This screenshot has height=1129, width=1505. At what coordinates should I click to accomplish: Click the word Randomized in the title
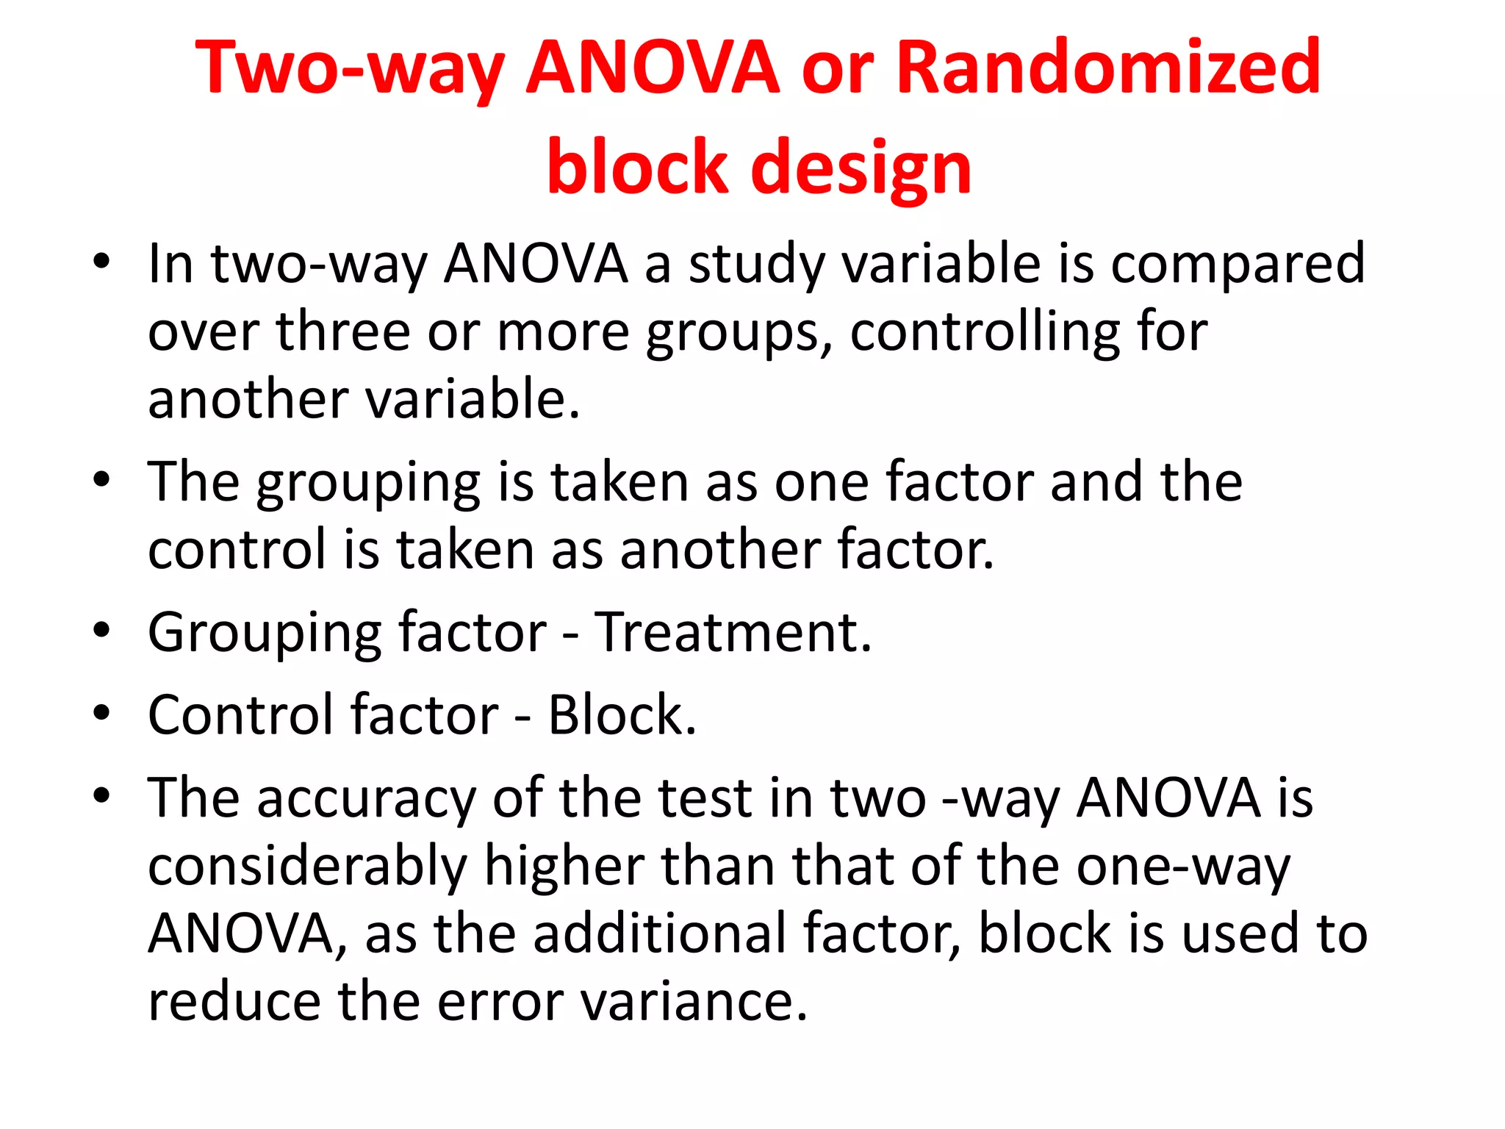1108,68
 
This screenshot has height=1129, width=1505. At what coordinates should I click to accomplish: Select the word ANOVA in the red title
653,68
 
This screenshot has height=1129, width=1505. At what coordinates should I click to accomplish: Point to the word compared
1238,265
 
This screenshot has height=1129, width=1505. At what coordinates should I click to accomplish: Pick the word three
342,331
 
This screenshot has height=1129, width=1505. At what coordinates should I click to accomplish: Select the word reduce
234,1001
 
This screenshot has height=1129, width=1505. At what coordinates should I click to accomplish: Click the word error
500,1001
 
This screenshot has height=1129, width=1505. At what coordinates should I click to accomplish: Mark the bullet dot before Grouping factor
101,630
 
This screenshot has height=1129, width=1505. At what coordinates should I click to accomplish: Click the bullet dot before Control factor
101,713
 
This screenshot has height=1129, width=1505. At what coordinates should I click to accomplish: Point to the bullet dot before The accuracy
101,795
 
